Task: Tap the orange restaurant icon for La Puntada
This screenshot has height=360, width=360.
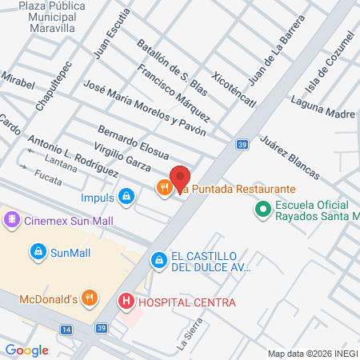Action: click(163, 188)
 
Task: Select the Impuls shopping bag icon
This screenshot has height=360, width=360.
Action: click(126, 196)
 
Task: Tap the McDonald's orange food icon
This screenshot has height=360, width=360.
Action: click(90, 299)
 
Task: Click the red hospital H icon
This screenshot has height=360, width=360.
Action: click(126, 302)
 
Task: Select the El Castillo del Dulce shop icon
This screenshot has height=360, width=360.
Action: click(158, 260)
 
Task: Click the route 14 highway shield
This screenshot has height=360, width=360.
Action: click(66, 329)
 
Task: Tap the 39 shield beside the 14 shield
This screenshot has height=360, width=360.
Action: click(100, 329)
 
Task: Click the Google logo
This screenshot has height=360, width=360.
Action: click(26, 350)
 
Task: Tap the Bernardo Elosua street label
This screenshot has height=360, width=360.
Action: click(133, 142)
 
